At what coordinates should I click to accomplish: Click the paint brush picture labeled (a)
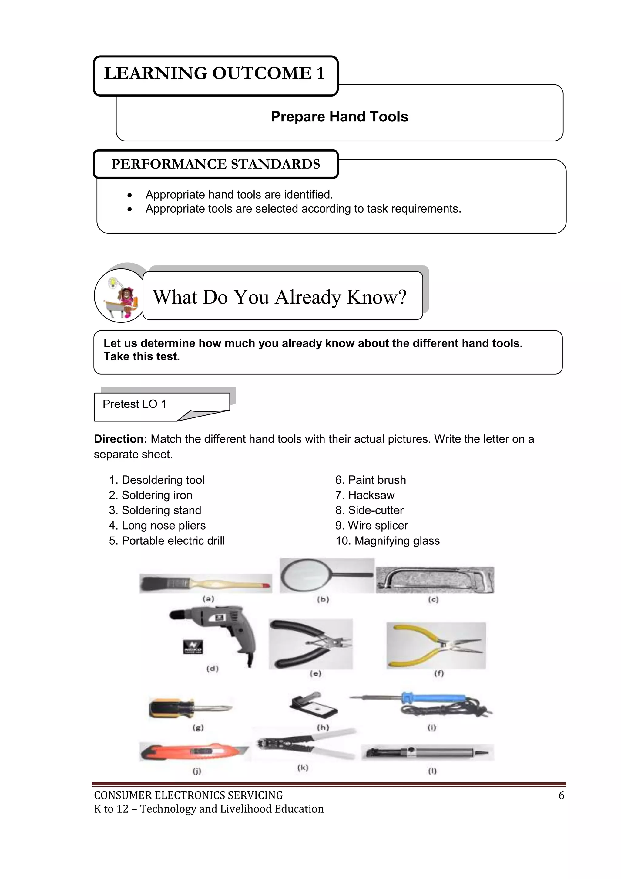pos(205,584)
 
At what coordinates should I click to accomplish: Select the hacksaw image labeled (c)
pos(435,580)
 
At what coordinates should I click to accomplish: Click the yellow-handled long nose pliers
pos(436,646)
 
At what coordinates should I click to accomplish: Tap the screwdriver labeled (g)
pos(190,709)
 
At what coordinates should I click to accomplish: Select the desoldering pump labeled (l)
pos(427,752)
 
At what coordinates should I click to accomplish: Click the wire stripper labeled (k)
pos(306,745)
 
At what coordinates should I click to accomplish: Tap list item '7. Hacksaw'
pos(365,495)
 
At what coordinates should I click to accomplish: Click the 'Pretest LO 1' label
pos(135,404)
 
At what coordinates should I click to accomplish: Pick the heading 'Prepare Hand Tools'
pos(339,116)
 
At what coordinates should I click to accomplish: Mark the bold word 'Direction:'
pos(120,439)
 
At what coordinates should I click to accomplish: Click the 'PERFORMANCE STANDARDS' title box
pos(216,164)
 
